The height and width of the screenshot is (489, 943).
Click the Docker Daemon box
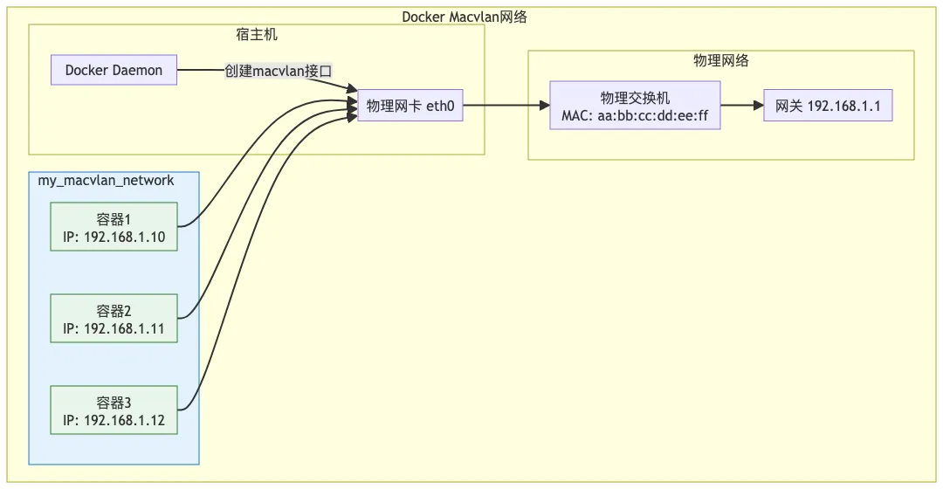click(114, 70)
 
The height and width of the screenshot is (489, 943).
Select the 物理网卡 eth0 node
click(410, 106)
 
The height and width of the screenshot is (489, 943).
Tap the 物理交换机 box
click(635, 106)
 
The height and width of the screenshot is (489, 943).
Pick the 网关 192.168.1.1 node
click(828, 106)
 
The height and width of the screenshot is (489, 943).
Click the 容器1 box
click(114, 226)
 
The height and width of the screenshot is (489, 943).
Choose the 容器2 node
click(114, 318)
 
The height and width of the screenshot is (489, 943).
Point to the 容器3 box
click(114, 410)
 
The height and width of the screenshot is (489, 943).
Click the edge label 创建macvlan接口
click(279, 71)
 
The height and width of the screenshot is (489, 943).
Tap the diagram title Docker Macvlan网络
click(464, 17)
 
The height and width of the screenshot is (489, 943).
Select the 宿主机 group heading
click(257, 35)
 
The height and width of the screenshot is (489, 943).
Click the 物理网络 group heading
click(721, 60)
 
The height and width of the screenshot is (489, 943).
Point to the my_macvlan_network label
click(106, 181)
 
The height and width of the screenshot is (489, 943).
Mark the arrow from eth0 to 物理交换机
click(506, 106)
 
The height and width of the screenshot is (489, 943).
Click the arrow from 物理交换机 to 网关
click(742, 106)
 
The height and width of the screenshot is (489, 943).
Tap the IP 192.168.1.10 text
click(114, 236)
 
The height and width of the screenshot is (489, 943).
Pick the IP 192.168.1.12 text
click(114, 419)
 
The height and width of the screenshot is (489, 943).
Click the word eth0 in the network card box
click(440, 106)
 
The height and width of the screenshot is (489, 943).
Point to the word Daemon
click(137, 70)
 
